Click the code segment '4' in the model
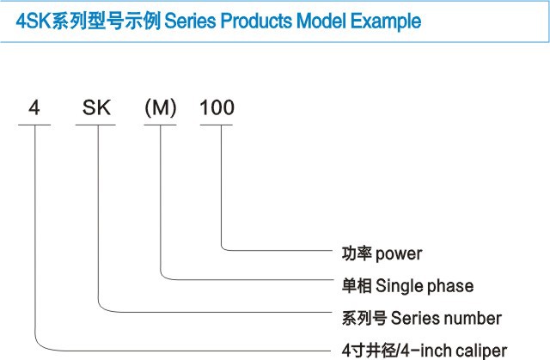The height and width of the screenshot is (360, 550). pos(34,109)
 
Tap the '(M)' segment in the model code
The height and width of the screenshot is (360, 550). pos(160,109)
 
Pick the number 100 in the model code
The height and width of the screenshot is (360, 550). pos(217,109)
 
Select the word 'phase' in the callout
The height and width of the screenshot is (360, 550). pos(452,285)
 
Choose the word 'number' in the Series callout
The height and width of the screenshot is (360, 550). pos(472,318)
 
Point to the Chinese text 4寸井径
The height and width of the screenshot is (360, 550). pos(370,350)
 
